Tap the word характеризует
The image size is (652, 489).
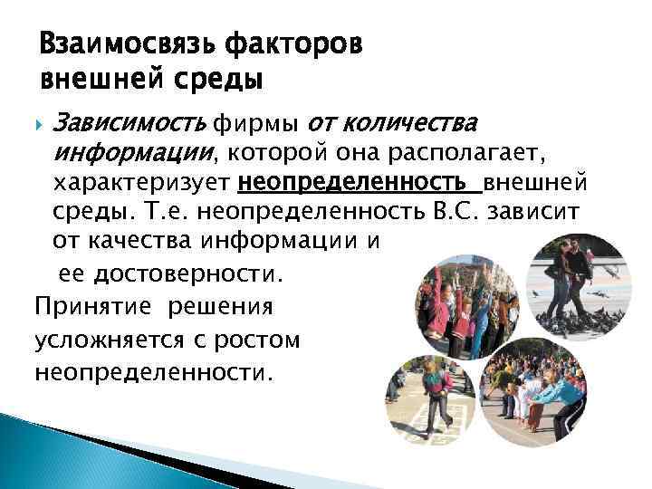pos(143,185)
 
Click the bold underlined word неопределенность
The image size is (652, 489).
pos(357,185)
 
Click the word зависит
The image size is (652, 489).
pos(544,214)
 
